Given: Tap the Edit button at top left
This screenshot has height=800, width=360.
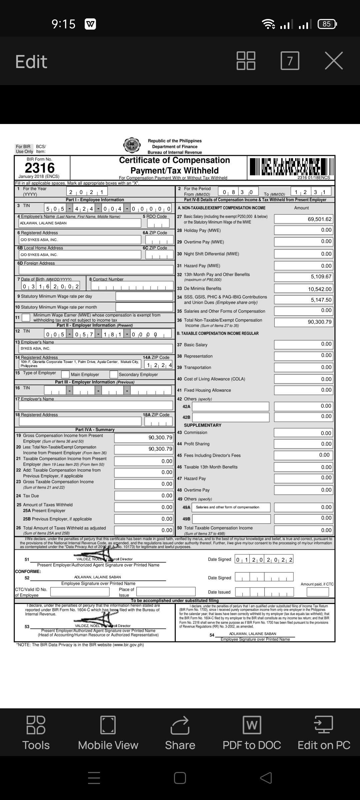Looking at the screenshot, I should [31, 62].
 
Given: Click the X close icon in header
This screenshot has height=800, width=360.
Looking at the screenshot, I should [334, 61].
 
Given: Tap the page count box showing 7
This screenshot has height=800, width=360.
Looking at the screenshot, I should [290, 61].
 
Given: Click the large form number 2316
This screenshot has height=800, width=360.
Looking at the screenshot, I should [40, 168].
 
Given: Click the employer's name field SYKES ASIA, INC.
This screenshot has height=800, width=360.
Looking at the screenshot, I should [96, 348].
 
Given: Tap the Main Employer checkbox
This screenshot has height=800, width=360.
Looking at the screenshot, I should [65, 374].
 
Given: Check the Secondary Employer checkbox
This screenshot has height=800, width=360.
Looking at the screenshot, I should [114, 374].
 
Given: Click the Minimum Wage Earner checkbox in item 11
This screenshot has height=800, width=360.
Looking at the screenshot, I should [26, 317].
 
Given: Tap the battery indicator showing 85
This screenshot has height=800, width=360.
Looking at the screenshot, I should [327, 24].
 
